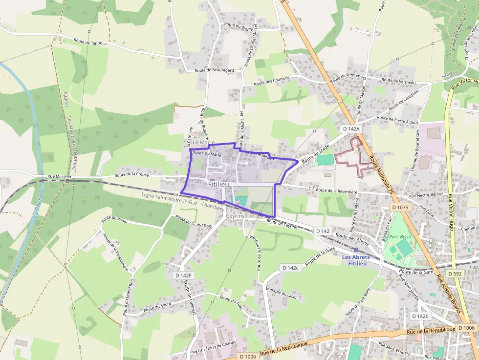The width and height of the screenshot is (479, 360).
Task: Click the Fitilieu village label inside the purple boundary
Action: coord(218,185)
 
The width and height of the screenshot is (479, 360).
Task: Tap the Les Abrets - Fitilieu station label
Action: coord(356,260)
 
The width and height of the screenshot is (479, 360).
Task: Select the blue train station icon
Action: coord(356,250)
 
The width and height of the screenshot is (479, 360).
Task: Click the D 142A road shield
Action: coord(350,128)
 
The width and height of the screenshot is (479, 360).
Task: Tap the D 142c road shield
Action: coord(290,268)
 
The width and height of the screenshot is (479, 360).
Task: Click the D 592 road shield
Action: coord(455,274)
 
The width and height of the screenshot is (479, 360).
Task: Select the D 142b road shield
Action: coord(420,317)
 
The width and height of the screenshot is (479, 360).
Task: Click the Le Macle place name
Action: coord(204,143)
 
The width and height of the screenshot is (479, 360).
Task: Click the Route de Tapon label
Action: coord(88,42)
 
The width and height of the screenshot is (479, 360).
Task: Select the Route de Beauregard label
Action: coord(214,70)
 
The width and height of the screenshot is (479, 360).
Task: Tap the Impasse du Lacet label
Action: coord(281,292)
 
